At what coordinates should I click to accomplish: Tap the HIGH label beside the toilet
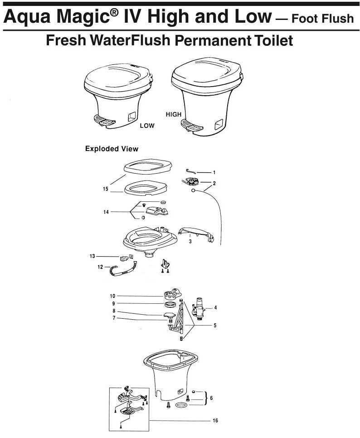tap(174, 115)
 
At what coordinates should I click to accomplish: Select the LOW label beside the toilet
tap(147, 126)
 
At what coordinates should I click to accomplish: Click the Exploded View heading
tap(112, 149)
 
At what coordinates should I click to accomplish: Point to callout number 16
tap(215, 420)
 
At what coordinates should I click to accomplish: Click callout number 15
tap(105, 189)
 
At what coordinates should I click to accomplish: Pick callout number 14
tap(106, 212)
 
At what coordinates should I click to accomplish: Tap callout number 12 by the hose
tap(100, 267)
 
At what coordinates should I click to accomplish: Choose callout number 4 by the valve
tap(215, 307)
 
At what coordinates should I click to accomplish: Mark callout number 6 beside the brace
tap(211, 398)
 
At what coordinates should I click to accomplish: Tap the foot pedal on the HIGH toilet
tap(191, 126)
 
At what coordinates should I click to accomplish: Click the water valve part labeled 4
tap(199, 308)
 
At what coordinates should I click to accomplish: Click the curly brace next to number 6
tap(206, 398)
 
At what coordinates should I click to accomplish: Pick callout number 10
tap(112, 296)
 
